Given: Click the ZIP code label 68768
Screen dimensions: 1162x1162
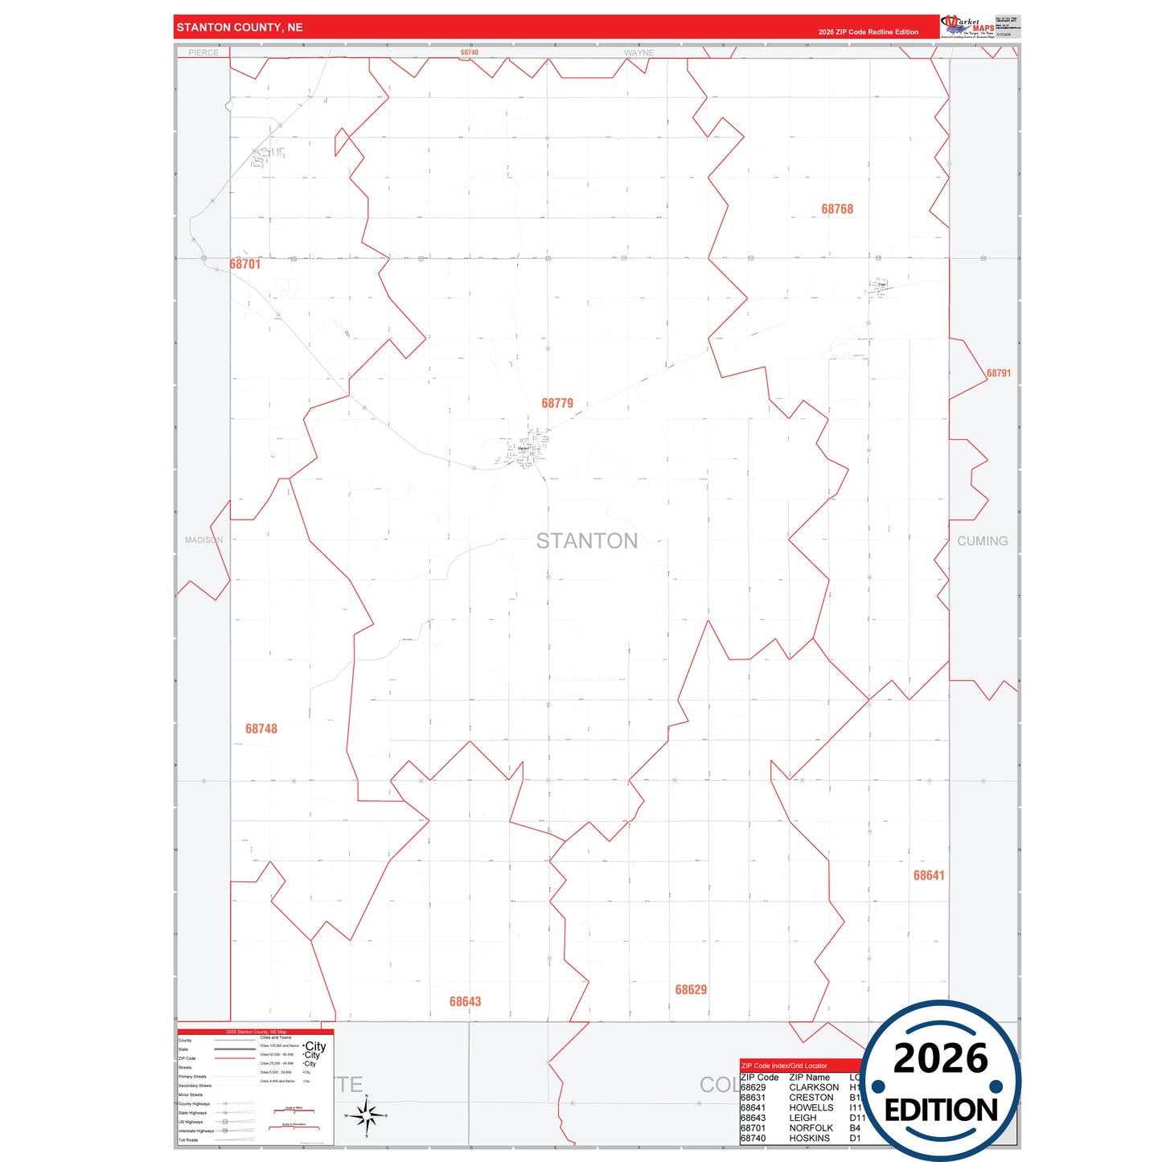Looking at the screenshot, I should click(x=837, y=209).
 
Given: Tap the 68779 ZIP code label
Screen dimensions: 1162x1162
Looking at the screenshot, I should click(x=557, y=403).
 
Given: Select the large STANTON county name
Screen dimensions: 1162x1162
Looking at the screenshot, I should click(x=587, y=541).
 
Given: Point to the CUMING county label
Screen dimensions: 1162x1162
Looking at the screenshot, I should click(x=982, y=541).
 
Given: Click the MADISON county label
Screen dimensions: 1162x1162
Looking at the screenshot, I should click(x=203, y=540).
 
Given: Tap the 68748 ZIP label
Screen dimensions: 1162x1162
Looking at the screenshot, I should click(x=261, y=729).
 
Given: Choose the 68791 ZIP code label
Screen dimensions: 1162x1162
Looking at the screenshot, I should click(x=999, y=373).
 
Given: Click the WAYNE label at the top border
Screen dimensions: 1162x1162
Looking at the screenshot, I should click(x=639, y=53).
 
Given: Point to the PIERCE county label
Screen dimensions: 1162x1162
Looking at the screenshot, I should click(x=203, y=53).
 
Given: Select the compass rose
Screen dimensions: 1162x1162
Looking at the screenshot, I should click(x=367, y=1115).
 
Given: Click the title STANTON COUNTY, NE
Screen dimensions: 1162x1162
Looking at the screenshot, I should click(x=240, y=27).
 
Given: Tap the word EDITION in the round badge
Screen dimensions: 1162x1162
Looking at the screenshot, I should click(x=941, y=1111).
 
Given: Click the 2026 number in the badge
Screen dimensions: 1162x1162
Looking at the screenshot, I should click(x=941, y=1058).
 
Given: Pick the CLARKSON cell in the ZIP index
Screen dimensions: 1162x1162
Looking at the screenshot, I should click(x=814, y=1087).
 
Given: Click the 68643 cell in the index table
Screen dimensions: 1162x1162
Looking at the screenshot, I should click(x=753, y=1118).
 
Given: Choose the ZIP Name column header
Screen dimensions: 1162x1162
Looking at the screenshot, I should click(x=809, y=1078).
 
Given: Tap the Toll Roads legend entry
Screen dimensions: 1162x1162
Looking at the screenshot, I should click(x=188, y=1139).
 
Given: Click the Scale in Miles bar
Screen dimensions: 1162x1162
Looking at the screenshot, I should click(x=294, y=1111).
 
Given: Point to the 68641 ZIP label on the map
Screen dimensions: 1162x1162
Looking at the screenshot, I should click(x=929, y=875).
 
